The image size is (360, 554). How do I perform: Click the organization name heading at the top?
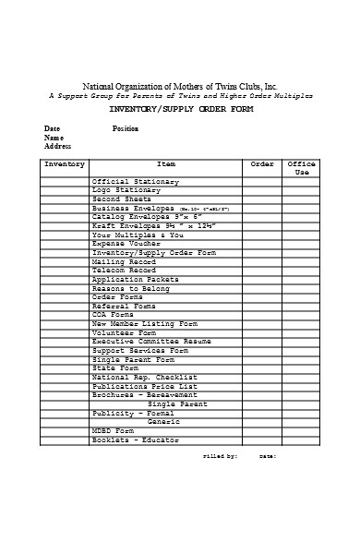click(x=180, y=84)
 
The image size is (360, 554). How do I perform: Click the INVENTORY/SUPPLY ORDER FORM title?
click(x=181, y=109)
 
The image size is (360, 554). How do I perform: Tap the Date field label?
click(x=52, y=128)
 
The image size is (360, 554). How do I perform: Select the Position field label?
click(x=125, y=128)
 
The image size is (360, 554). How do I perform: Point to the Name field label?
click(x=54, y=138)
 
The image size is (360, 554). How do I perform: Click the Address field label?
click(x=57, y=146)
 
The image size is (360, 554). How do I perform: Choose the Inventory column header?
click(x=65, y=164)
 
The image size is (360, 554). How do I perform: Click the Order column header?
click(x=262, y=164)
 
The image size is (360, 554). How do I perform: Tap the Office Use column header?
click(x=302, y=168)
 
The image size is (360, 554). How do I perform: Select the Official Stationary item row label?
click(x=136, y=181)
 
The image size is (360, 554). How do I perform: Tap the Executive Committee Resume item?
click(x=151, y=342)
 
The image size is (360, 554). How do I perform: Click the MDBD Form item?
click(x=113, y=430)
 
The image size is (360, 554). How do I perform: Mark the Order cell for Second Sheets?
click(x=262, y=199)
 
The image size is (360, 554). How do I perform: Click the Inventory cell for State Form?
click(x=65, y=368)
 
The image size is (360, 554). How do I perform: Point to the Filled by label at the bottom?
click(x=220, y=456)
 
